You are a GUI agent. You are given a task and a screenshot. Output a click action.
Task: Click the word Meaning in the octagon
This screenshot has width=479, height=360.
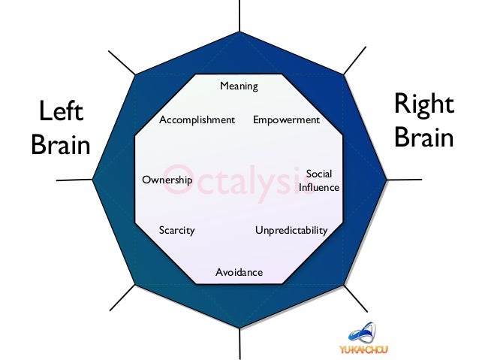click(239, 86)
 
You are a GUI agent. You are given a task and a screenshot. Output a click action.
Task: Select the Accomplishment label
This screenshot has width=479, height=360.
click(197, 119)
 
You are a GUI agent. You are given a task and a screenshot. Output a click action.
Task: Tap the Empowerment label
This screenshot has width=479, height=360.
click(286, 119)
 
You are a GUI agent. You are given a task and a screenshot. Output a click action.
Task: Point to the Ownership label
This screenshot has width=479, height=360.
click(167, 180)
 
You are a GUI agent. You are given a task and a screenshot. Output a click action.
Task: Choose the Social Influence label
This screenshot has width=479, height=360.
click(319, 180)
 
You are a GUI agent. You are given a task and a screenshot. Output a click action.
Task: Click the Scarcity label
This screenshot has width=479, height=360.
click(176, 230)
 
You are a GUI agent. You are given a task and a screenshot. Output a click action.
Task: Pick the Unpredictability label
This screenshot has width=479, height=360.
click(291, 230)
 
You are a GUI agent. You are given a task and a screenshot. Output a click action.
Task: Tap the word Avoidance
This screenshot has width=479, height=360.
click(239, 272)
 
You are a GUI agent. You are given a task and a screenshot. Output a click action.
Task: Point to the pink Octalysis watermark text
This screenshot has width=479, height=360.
click(239, 180)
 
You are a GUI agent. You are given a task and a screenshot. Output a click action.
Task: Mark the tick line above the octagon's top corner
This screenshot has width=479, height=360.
click(239, 15)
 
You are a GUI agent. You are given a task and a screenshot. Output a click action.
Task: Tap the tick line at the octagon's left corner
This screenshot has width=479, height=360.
click(75, 180)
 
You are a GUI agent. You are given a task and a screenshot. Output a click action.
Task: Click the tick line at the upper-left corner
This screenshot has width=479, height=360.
click(122, 62)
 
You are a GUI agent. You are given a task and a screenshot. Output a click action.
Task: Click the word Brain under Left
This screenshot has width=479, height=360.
click(60, 145)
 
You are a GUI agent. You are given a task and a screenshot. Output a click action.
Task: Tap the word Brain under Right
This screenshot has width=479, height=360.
click(424, 138)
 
